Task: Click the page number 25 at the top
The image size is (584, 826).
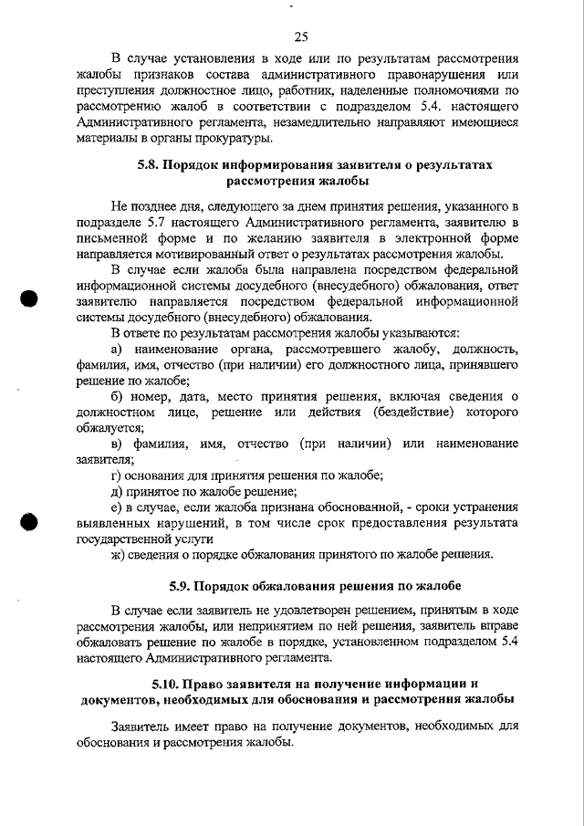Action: click(302, 37)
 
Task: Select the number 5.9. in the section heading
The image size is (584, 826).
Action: click(184, 584)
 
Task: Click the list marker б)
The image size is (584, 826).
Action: click(117, 396)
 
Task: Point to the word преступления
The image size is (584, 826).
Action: click(116, 90)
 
